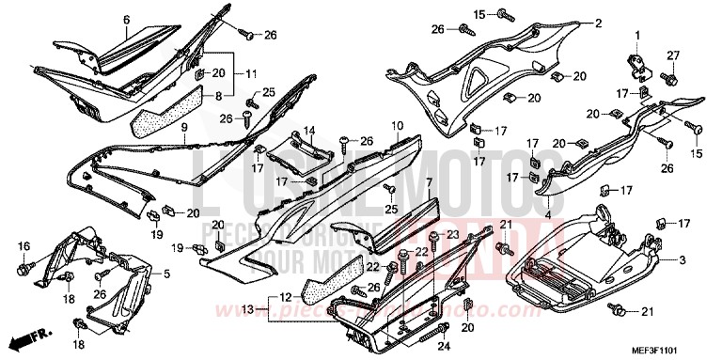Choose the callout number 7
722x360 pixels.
point(428,181)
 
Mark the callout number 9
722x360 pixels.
point(185,125)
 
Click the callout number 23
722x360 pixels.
point(451,234)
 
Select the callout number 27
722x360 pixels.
point(672,55)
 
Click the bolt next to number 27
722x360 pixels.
point(669,77)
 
